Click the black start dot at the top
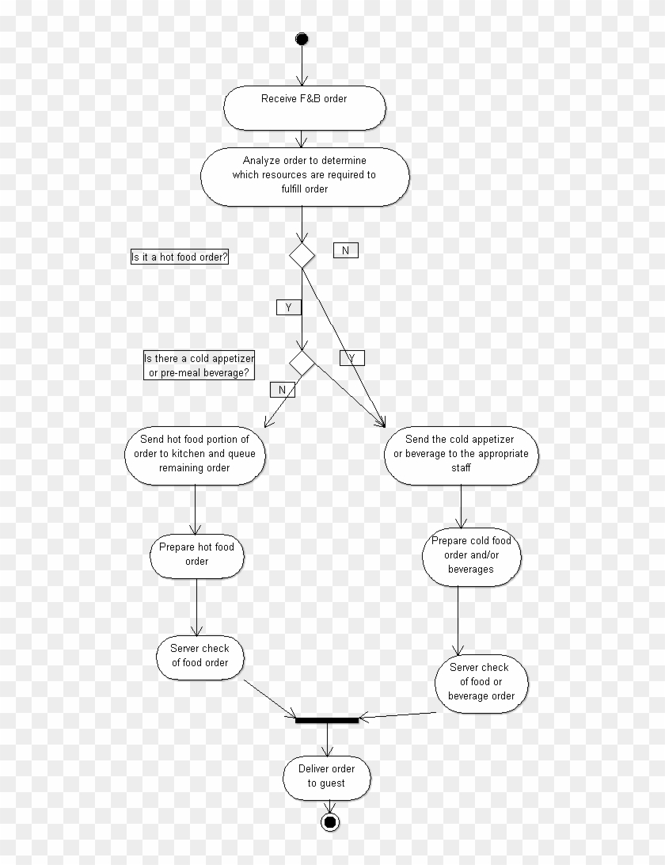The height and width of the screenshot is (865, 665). [301, 39]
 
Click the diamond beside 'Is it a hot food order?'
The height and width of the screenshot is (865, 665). [302, 255]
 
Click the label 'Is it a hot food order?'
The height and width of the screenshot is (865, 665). [180, 257]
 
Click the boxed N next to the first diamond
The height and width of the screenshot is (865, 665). [345, 250]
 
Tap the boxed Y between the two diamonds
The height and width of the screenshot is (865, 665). [287, 307]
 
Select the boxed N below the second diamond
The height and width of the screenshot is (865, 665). [282, 389]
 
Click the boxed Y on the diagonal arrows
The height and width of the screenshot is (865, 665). [351, 358]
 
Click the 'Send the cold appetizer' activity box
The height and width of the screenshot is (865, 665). [461, 454]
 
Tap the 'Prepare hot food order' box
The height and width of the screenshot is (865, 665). [196, 554]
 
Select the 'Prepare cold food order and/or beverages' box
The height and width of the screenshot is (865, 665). [471, 554]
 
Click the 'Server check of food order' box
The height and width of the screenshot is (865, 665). [200, 656]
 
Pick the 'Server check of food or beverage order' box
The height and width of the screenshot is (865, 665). [481, 681]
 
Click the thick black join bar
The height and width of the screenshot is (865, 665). [326, 719]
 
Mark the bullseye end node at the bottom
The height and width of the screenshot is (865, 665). [330, 822]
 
